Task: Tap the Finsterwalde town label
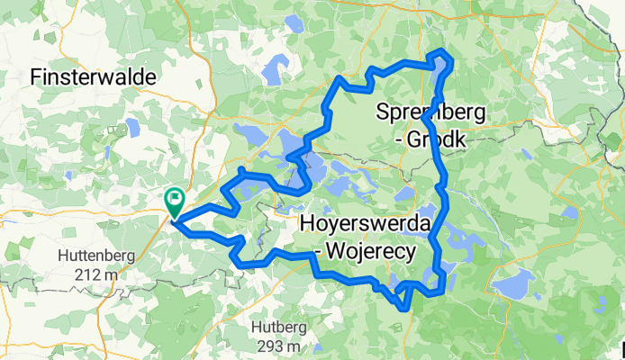coord(94,78)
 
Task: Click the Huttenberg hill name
coord(96,255)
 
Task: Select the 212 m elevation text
coord(95,274)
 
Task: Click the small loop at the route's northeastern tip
coord(442,58)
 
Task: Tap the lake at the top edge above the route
coord(293,22)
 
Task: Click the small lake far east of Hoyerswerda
coord(569,212)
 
